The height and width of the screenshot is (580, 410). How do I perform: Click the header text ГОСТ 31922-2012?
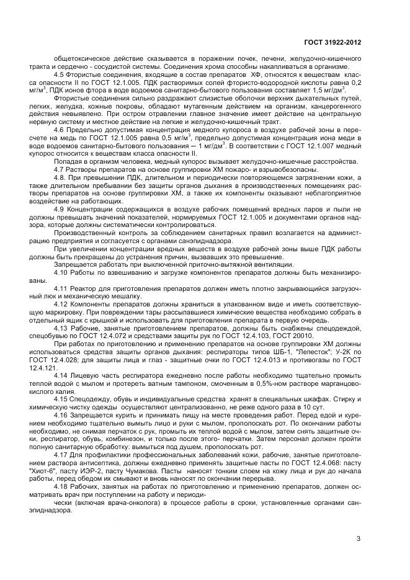point(332,42)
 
